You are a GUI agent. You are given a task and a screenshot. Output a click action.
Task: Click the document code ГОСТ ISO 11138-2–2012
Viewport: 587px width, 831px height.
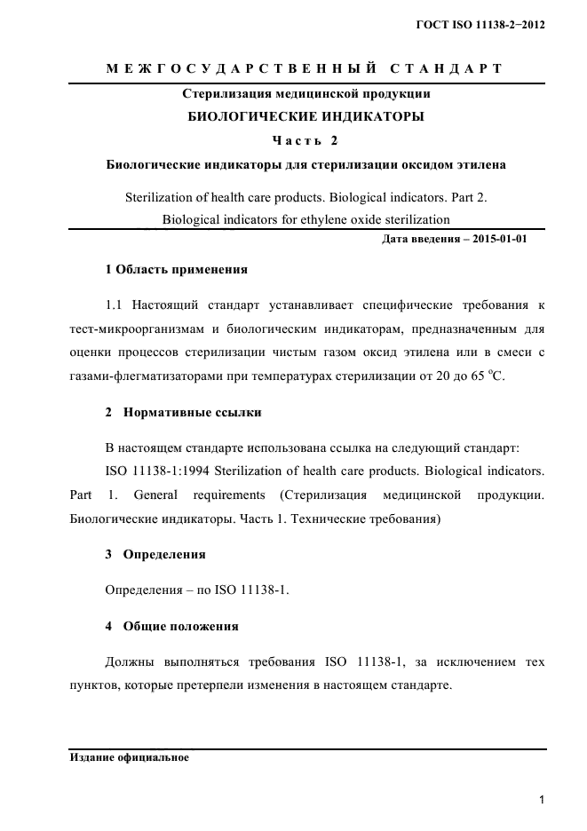[x=480, y=25]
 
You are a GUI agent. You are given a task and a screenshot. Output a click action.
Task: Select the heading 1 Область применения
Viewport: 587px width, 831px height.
[x=176, y=269]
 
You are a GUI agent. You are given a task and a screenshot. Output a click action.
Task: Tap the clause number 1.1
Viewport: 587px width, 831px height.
[x=114, y=305]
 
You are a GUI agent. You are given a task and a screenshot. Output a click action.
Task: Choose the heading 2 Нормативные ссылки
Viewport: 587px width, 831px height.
[x=182, y=413]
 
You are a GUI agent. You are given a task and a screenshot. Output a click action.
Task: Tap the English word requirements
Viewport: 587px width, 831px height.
[x=227, y=494]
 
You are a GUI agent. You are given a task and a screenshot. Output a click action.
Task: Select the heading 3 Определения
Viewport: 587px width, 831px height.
[x=155, y=554]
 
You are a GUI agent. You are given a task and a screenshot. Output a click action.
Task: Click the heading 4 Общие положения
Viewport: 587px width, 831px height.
[x=171, y=626]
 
